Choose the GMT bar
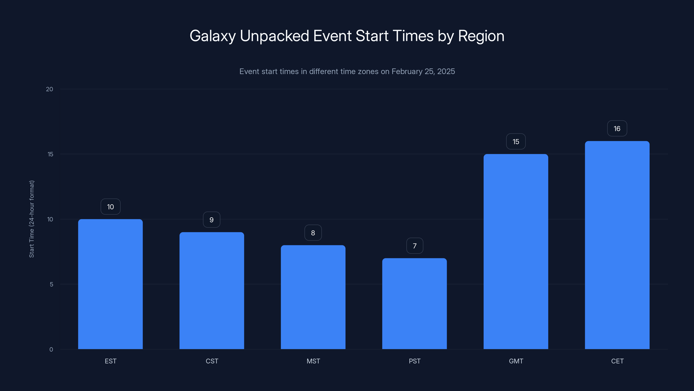pos(516,252)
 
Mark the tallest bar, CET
pos(617,245)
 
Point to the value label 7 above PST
pos(415,246)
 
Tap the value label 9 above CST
pos(211,220)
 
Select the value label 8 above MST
pos(313,233)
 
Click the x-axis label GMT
pos(516,361)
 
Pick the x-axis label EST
pos(110,361)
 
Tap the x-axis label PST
pos(415,361)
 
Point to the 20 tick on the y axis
pos(50,89)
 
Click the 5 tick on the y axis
pos(51,284)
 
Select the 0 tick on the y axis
pos(51,350)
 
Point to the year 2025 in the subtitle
pos(446,71)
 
